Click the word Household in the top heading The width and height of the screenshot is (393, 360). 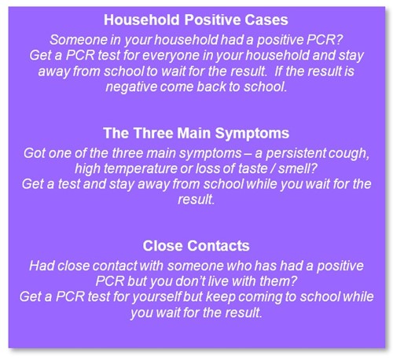pyautogui.click(x=141, y=20)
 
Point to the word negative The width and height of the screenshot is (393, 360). pyautogui.click(x=131, y=87)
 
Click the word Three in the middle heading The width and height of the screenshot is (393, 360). pyautogui.click(x=153, y=133)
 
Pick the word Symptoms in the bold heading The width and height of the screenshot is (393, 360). pyautogui.click(x=252, y=134)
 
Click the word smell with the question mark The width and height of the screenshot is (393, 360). pyautogui.click(x=298, y=169)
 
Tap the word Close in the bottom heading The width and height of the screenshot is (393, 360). pyautogui.click(x=163, y=246)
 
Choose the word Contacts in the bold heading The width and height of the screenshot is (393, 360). pyautogui.click(x=219, y=246)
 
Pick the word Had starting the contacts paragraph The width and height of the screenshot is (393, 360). pyautogui.click(x=42, y=266)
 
